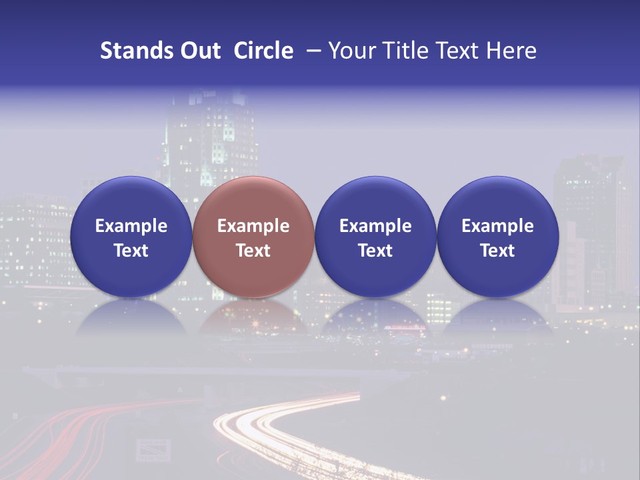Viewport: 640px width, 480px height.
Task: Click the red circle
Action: click(x=253, y=237)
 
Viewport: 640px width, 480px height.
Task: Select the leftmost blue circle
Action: click(x=131, y=237)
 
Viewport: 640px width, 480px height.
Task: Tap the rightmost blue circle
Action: click(x=497, y=237)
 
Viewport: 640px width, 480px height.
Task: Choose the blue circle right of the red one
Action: click(x=375, y=237)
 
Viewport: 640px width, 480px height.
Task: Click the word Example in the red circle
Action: click(x=253, y=226)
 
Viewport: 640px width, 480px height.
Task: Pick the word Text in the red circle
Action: click(x=253, y=251)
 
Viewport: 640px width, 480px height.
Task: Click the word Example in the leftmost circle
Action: click(x=131, y=226)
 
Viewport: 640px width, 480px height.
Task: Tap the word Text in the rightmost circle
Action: click(x=497, y=251)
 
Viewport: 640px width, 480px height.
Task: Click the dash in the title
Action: click(x=311, y=51)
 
